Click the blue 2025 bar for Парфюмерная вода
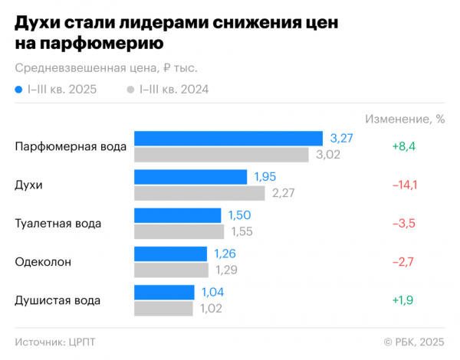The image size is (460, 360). (x=228, y=138)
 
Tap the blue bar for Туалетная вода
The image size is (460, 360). (x=177, y=215)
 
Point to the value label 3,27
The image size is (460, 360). (x=341, y=138)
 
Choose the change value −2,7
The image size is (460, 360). (x=403, y=262)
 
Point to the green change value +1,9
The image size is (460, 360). (x=403, y=300)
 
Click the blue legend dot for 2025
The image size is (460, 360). (x=18, y=90)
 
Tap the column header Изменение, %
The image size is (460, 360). (x=405, y=119)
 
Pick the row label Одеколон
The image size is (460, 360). (x=43, y=262)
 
